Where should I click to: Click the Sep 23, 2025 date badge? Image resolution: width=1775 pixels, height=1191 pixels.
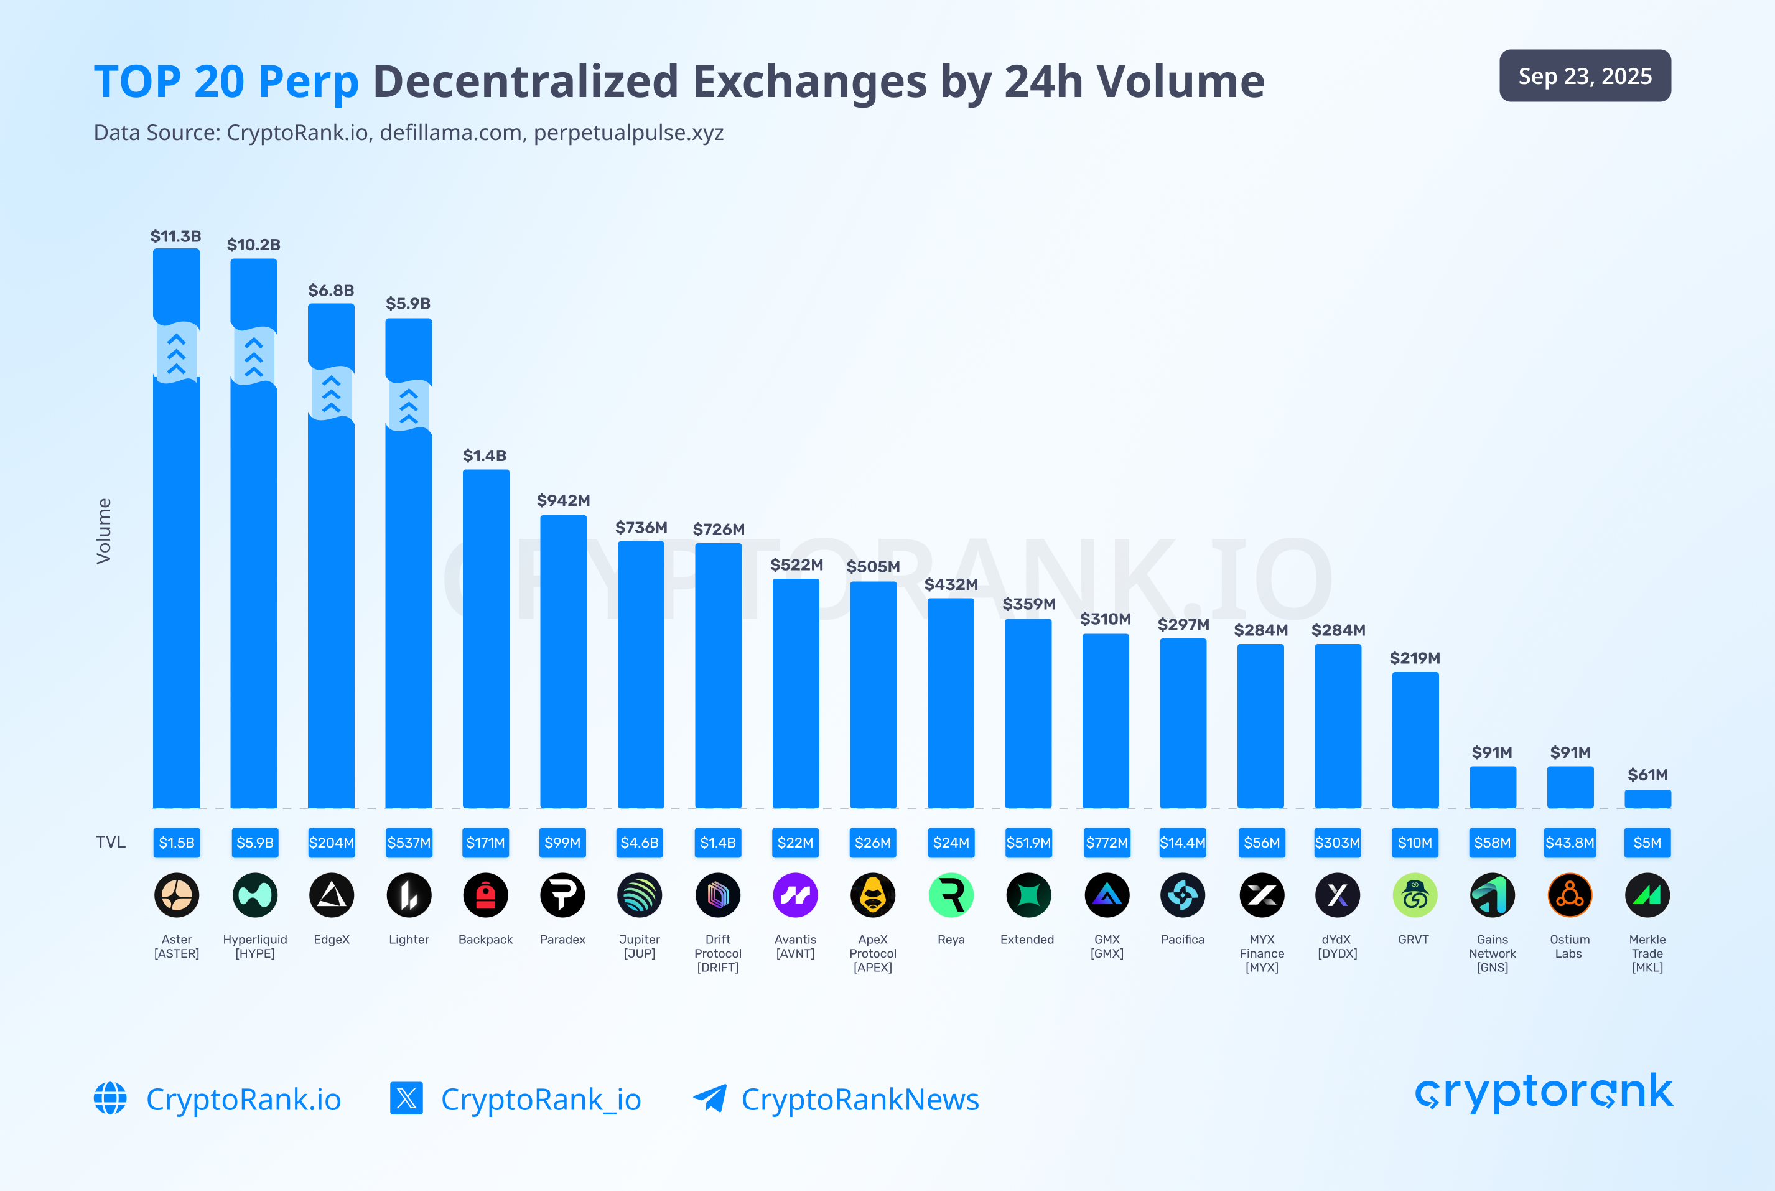1585,76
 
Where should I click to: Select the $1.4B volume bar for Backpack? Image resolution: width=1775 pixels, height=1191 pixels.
486,638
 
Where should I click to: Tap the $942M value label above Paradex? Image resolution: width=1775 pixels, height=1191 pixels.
563,500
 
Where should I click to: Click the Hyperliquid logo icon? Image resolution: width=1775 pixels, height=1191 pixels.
254,895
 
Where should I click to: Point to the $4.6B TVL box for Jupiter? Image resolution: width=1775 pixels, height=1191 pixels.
640,843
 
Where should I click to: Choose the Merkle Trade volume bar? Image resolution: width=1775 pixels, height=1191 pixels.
1647,798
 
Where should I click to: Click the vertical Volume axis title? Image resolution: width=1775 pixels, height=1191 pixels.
104,531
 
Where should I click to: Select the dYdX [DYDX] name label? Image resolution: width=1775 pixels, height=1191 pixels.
1337,946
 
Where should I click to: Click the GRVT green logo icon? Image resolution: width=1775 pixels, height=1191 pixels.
1414,895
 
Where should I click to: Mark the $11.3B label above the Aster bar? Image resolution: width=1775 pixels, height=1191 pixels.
175,236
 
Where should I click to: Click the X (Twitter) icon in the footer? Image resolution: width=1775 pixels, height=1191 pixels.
406,1098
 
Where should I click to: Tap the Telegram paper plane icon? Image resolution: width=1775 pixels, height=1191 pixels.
709,1098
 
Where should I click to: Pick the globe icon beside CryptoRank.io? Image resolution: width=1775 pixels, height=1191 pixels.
110,1098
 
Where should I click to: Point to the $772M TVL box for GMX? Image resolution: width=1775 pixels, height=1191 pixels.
1107,843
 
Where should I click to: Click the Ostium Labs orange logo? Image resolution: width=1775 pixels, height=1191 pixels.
1569,895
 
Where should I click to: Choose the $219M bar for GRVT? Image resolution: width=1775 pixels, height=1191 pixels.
1415,740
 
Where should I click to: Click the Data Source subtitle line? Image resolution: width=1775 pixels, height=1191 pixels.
408,133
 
